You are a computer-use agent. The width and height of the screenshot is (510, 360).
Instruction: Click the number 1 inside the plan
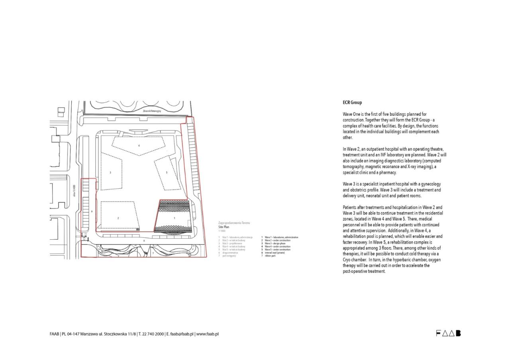point(174,218)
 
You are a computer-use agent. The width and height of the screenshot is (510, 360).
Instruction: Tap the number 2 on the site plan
point(118,218)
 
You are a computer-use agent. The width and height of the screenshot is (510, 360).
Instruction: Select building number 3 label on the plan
point(110,172)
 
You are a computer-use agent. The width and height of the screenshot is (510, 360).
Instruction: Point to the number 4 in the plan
point(139,146)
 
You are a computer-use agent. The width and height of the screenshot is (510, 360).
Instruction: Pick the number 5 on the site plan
point(167,172)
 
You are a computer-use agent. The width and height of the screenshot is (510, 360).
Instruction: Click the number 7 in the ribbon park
point(153,253)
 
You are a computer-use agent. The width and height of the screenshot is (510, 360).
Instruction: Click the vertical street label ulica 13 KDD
point(74,192)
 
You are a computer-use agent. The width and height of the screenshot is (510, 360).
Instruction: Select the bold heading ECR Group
point(352,103)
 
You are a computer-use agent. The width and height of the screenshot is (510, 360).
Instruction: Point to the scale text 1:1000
point(222,231)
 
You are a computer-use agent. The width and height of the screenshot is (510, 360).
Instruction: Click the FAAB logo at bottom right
point(448,333)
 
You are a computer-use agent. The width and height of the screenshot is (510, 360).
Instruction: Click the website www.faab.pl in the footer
point(208,334)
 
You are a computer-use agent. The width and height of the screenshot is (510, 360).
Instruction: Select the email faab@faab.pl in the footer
point(182,334)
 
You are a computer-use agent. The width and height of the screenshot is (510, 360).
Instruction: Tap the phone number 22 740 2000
point(153,334)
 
